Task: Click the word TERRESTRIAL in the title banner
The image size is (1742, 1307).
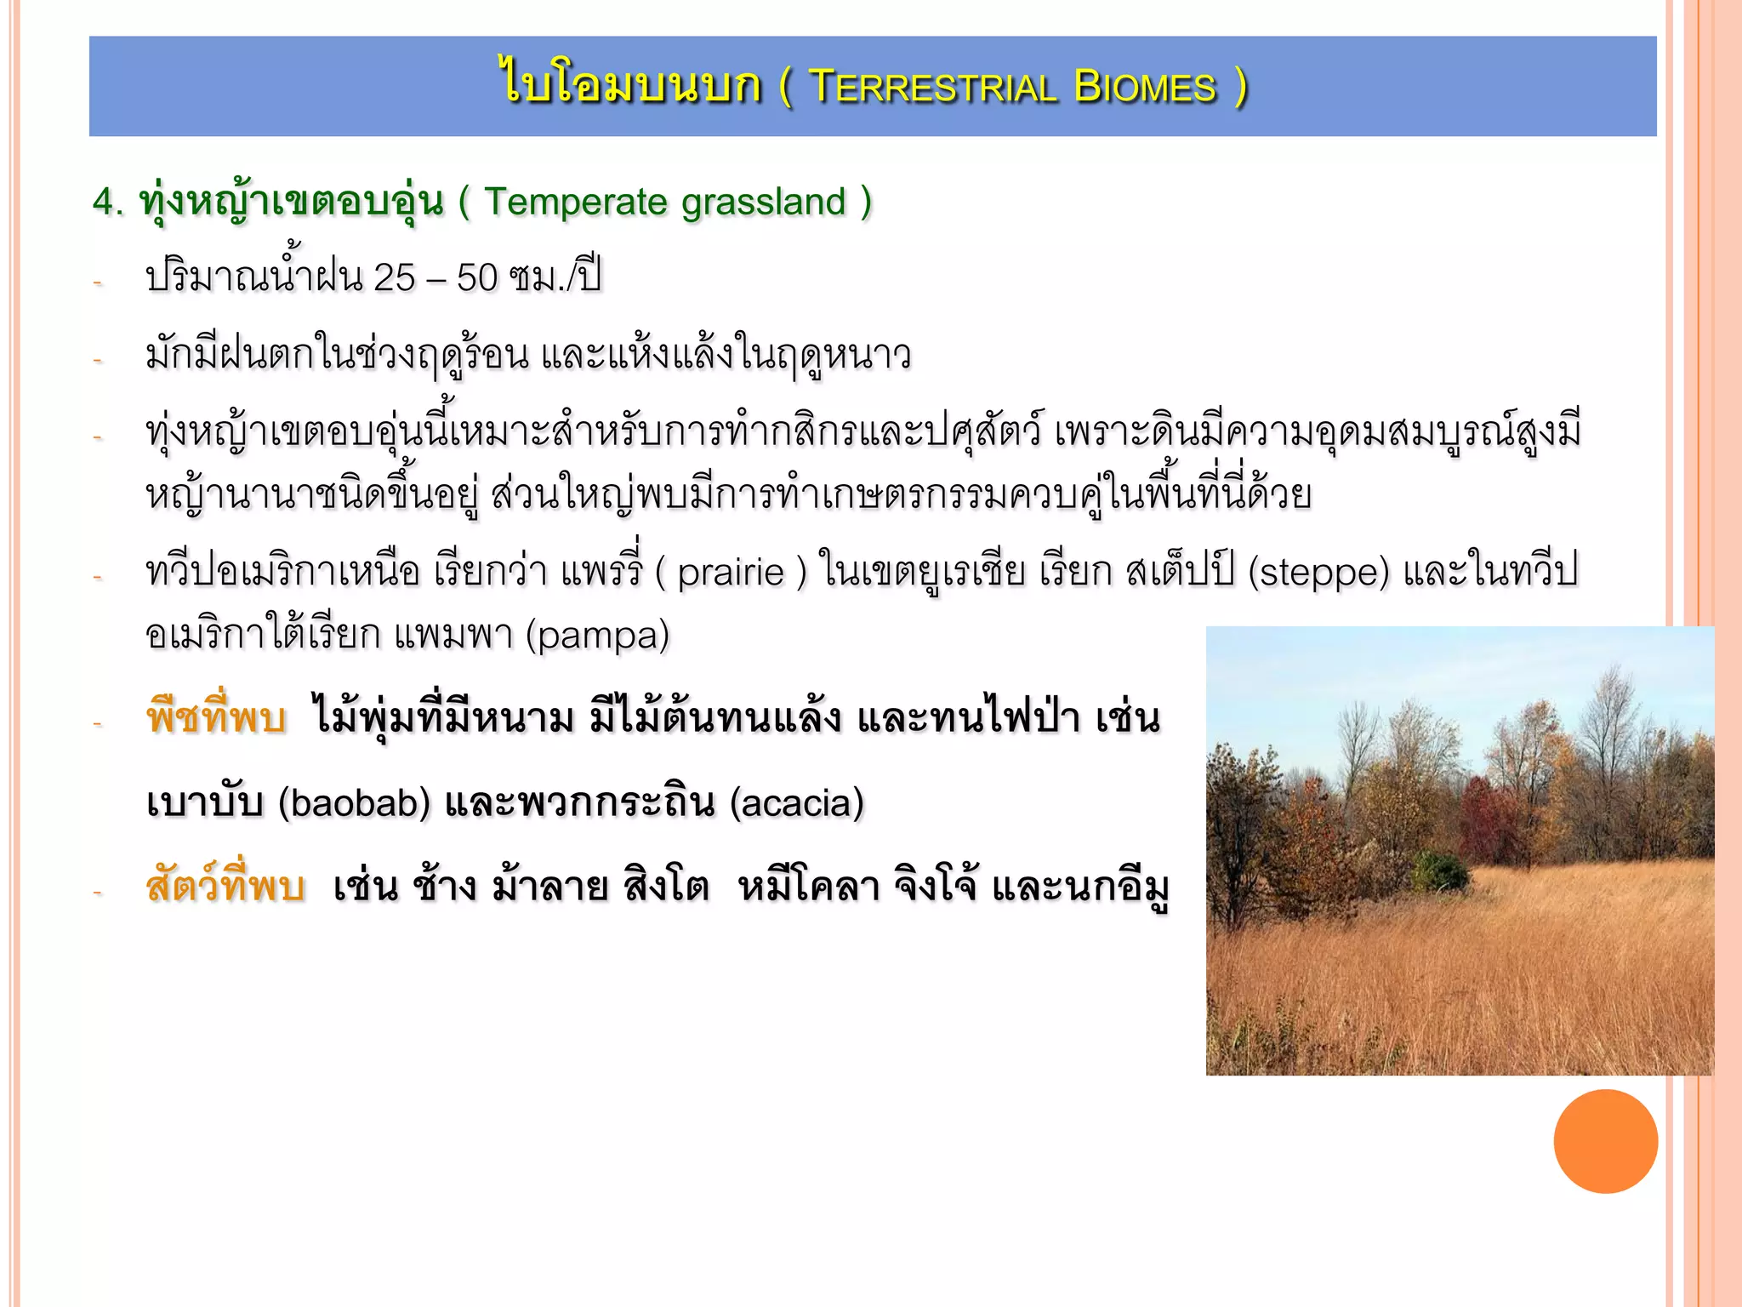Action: (933, 88)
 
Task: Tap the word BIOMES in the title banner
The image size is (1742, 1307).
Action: (1145, 88)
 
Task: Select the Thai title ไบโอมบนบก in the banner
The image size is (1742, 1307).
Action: (631, 85)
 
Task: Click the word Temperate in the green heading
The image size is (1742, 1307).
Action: (576, 203)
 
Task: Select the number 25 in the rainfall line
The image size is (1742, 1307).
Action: (394, 278)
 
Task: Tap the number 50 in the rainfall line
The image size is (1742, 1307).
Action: (477, 278)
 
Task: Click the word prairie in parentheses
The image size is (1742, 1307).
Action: (731, 572)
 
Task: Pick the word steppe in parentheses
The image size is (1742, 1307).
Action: (1318, 572)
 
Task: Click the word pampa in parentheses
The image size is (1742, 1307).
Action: (597, 636)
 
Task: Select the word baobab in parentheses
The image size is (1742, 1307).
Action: (355, 803)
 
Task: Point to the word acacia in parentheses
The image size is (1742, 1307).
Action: (797, 803)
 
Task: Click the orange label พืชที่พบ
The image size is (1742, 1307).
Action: (216, 717)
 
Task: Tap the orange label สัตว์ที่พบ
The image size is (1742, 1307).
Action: (225, 887)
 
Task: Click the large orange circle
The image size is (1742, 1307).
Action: (1605, 1141)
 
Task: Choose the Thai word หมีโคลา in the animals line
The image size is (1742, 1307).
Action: (809, 887)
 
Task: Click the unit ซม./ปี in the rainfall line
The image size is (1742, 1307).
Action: (555, 278)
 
